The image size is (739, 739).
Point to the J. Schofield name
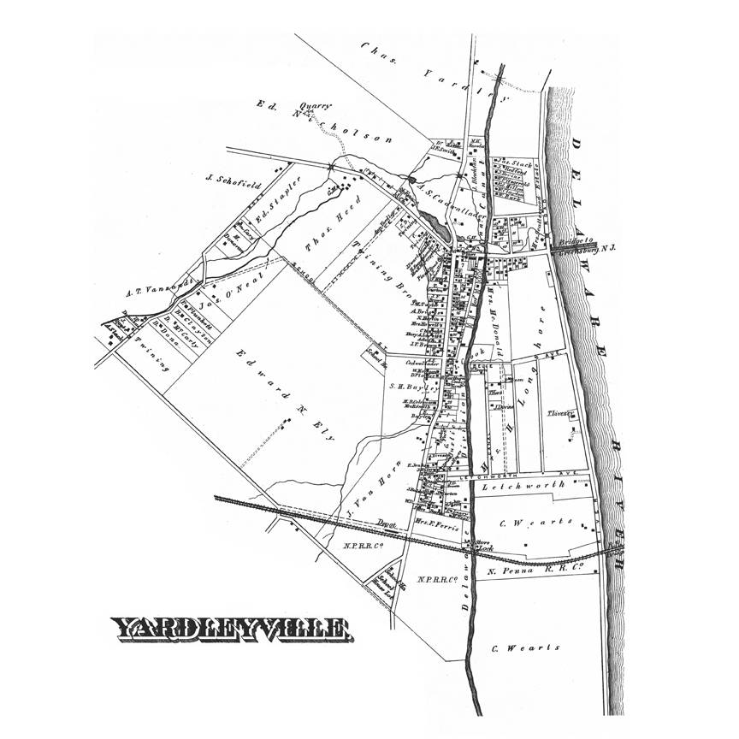tap(228, 179)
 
